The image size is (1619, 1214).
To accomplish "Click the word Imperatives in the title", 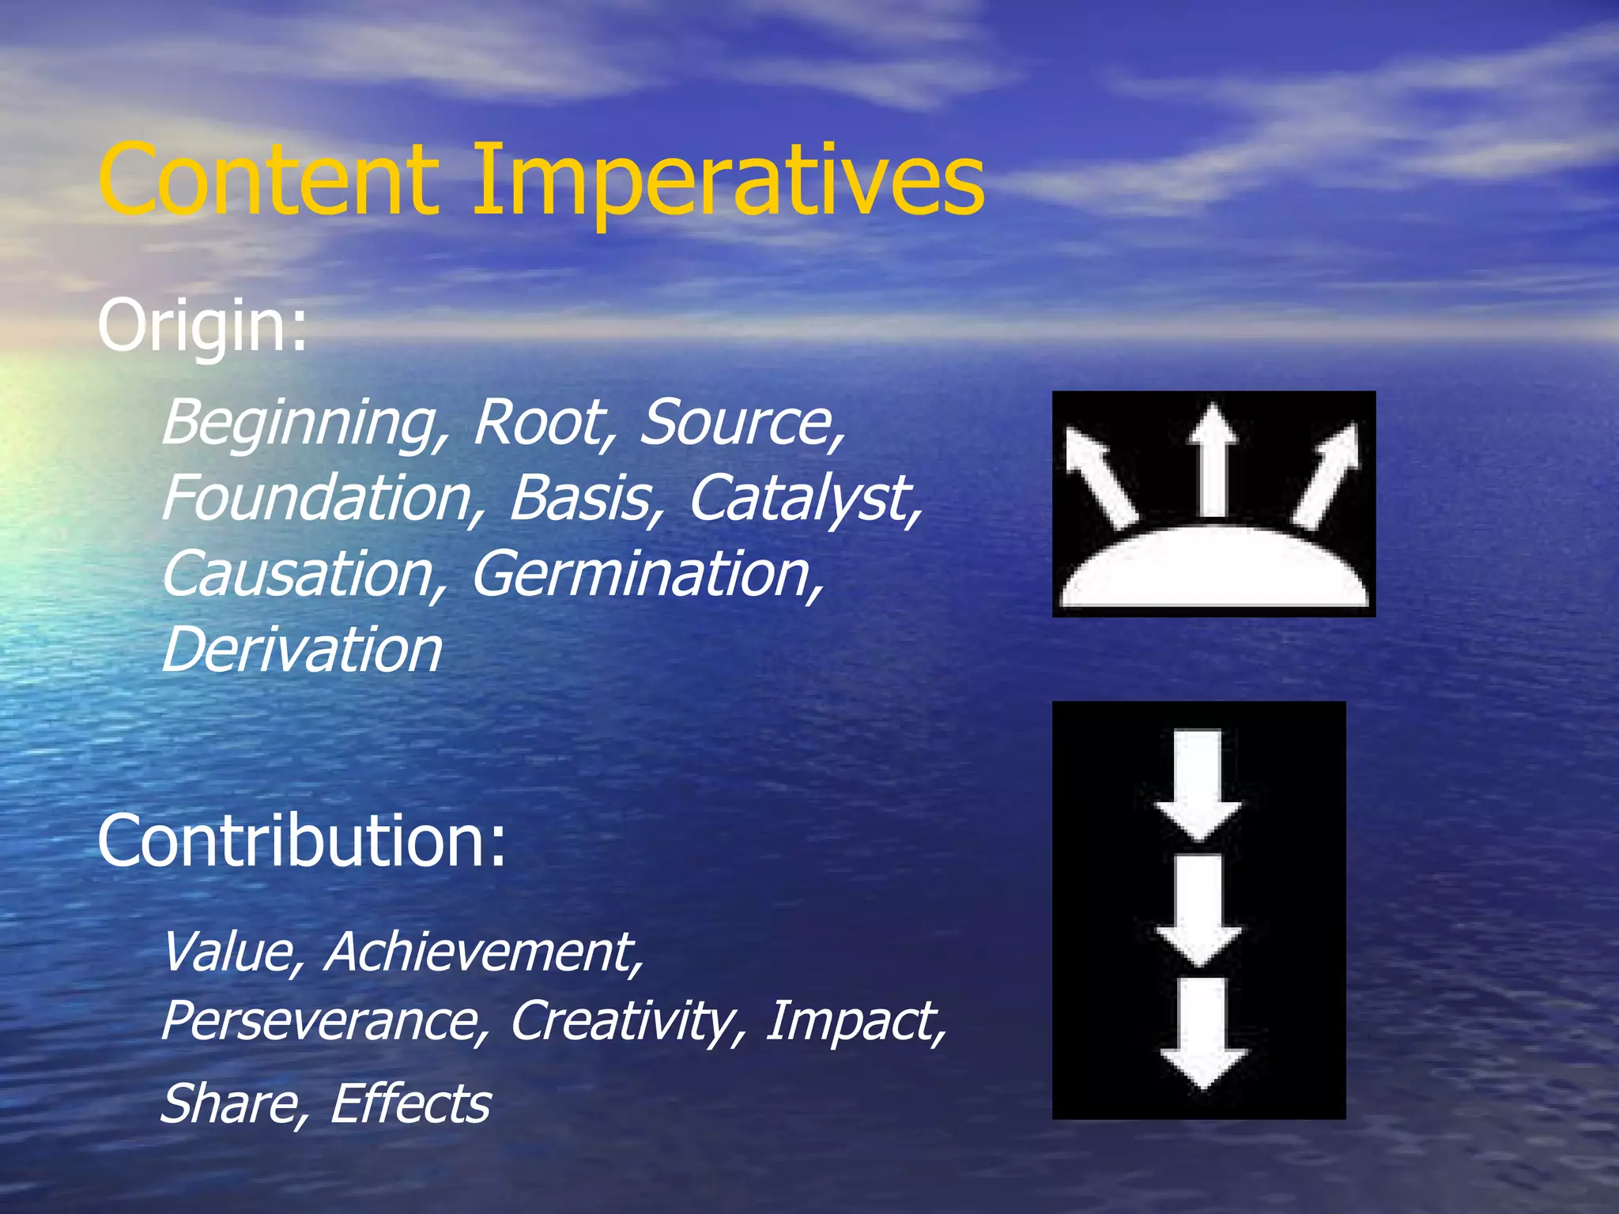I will pos(727,182).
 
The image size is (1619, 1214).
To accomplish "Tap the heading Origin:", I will pos(202,326).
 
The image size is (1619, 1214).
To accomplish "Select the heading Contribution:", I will pos(301,841).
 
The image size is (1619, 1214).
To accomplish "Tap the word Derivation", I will pos(301,650).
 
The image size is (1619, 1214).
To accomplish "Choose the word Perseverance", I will pos(325,1021).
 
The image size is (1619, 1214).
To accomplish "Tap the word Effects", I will pos(410,1103).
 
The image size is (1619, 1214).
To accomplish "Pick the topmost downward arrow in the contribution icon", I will pos(1199,782).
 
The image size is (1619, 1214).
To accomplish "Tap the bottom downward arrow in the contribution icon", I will pos(1202,1031).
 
